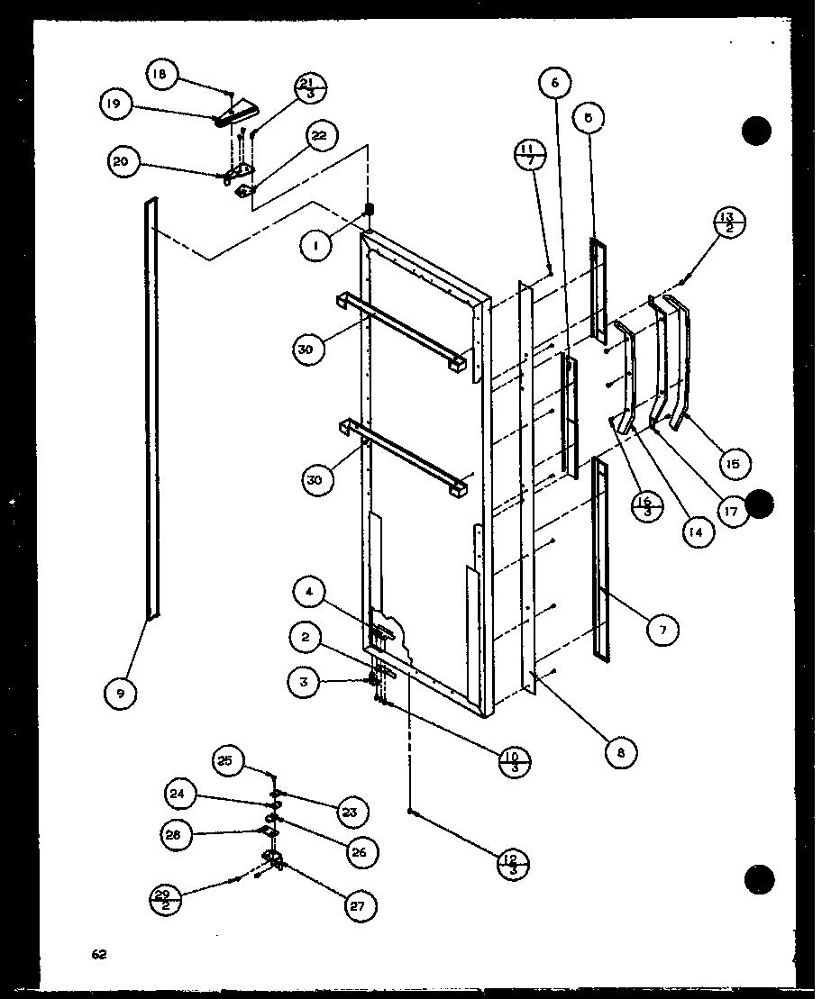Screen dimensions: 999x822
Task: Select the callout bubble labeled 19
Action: click(x=114, y=105)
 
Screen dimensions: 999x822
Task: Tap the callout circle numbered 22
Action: click(x=319, y=136)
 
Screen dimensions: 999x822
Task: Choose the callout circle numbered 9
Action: click(x=122, y=693)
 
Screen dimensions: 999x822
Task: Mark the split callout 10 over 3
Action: click(x=515, y=762)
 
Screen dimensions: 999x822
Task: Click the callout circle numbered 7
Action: click(x=662, y=631)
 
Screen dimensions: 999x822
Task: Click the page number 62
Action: click(x=97, y=954)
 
